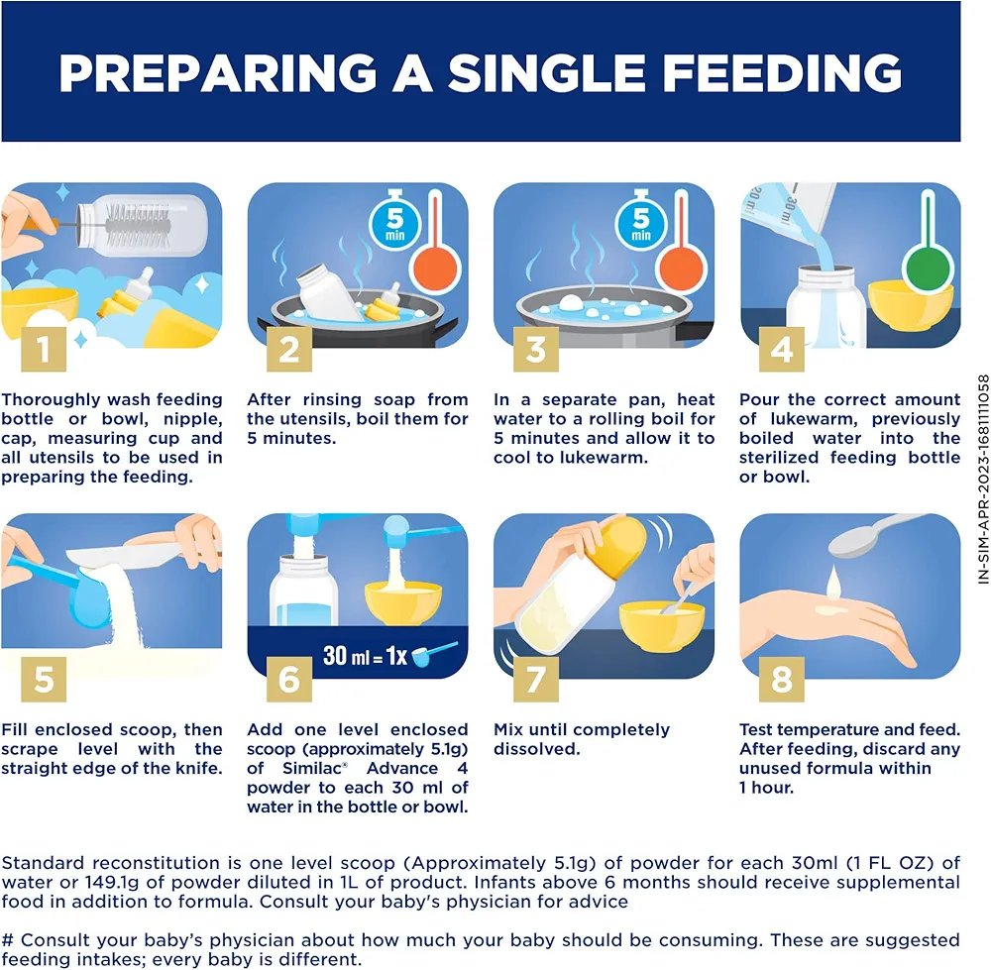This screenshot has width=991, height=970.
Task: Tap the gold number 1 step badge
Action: click(x=44, y=349)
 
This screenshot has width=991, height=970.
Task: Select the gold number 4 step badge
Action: click(x=782, y=349)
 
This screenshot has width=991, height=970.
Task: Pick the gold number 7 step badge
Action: click(x=535, y=680)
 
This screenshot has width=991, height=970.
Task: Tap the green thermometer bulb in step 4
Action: click(x=928, y=268)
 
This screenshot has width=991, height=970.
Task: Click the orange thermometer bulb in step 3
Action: click(x=682, y=268)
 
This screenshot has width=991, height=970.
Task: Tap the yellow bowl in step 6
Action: click(x=403, y=603)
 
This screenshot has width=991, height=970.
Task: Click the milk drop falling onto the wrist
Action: click(x=833, y=583)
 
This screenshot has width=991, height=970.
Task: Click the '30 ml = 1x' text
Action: click(x=365, y=655)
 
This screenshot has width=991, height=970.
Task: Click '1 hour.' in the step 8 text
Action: click(x=767, y=788)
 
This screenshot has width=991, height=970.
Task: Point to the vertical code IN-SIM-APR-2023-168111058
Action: click(x=983, y=479)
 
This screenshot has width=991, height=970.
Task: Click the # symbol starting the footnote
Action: click(x=8, y=940)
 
